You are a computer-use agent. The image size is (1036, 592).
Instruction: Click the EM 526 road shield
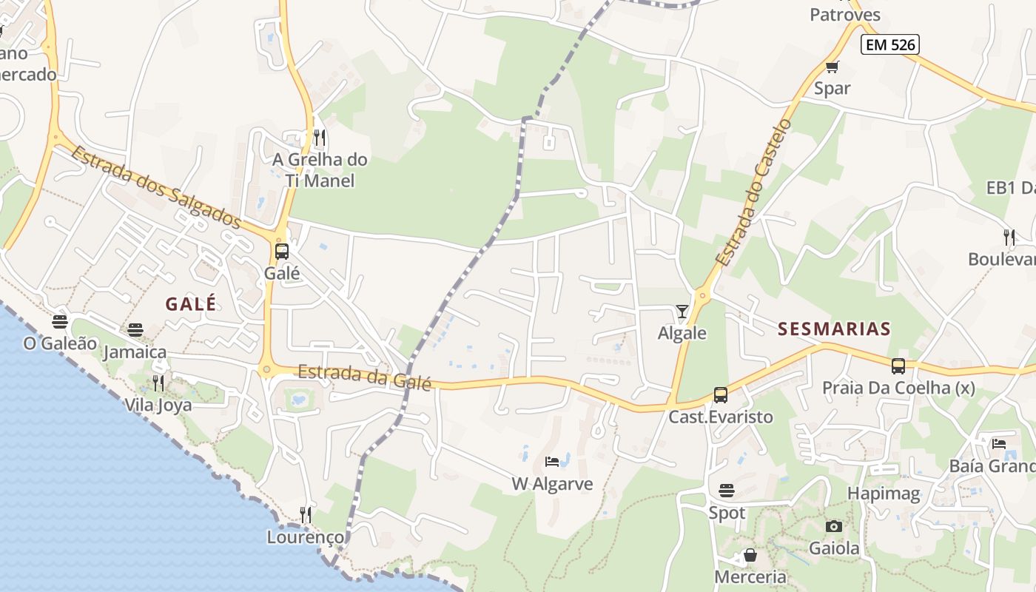(891, 44)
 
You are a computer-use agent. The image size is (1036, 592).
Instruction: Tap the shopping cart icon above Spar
(832, 67)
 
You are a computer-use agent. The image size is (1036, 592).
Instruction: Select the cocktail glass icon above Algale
(682, 312)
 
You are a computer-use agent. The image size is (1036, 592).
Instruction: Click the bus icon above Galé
(282, 251)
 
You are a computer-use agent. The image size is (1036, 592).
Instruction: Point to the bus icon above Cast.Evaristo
(721, 395)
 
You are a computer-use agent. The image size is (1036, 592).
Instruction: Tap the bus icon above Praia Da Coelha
(898, 366)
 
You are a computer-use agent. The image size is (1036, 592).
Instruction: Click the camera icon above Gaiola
(834, 526)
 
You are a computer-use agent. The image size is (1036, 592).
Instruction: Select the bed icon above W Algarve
(552, 462)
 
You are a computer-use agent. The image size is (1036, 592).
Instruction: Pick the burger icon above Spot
(727, 490)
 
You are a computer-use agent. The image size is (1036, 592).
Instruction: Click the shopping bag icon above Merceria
(750, 555)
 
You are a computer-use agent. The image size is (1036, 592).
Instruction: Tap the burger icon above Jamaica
(135, 329)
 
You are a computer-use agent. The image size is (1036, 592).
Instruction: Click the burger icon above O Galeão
(60, 322)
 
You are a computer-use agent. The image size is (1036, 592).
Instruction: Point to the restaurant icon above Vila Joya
(158, 383)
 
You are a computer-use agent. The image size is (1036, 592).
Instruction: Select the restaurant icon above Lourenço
(305, 514)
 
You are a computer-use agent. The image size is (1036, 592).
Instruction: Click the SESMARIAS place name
(834, 329)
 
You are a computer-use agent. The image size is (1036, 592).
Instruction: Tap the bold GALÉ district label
(191, 303)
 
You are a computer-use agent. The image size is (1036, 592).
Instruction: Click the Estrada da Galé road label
(364, 377)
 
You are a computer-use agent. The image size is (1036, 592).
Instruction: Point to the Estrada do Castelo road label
(753, 192)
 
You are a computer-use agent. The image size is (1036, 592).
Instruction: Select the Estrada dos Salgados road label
(157, 188)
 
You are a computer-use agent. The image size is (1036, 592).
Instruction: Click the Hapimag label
(884, 493)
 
